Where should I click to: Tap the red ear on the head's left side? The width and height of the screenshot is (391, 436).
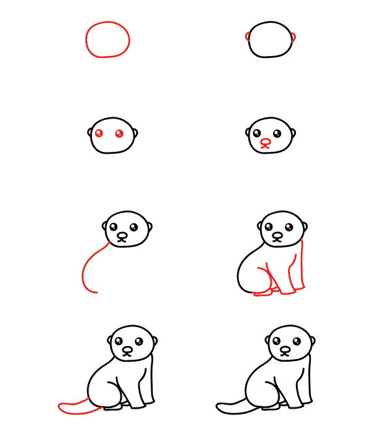(x=248, y=36)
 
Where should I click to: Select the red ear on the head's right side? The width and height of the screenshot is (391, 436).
(x=294, y=36)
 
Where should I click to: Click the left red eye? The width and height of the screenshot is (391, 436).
(x=99, y=134)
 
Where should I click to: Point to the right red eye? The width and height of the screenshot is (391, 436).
(x=119, y=134)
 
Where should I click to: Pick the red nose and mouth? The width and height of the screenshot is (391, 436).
(x=265, y=143)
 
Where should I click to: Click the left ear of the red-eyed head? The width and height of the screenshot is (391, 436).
(x=90, y=134)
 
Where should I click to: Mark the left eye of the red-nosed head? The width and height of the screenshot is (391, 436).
(x=257, y=134)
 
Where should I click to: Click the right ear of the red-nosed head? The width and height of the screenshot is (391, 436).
(x=293, y=134)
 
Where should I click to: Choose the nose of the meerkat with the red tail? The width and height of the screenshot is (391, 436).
(x=128, y=349)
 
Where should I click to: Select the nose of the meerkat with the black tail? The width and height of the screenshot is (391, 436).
(x=285, y=350)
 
